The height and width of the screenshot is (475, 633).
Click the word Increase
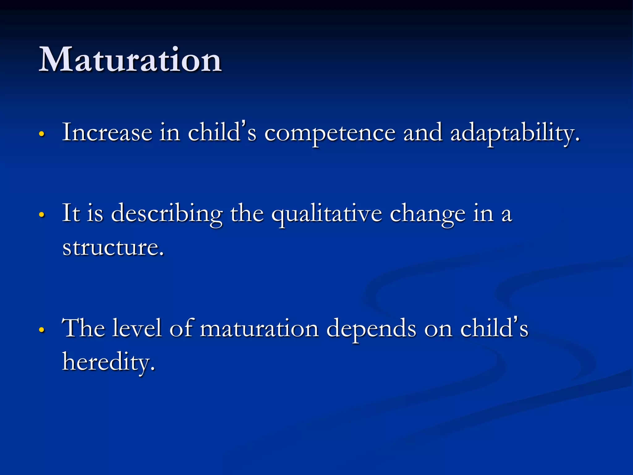[107, 132]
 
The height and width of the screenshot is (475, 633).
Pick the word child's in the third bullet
[494, 328]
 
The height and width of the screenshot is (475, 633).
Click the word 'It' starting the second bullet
[71, 213]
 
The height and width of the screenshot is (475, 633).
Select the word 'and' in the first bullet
[423, 132]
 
